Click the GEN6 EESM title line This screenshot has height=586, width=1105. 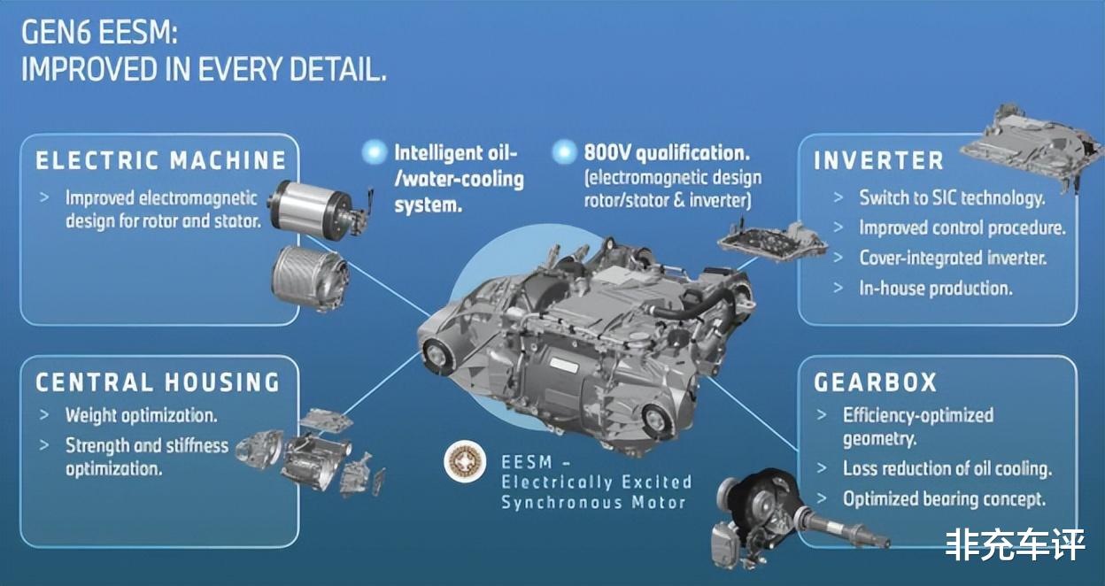tap(99, 33)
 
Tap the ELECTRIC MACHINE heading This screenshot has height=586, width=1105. tap(161, 160)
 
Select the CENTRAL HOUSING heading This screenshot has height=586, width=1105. tap(158, 382)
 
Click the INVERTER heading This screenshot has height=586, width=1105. tap(878, 160)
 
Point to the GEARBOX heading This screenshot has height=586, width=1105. tap(875, 382)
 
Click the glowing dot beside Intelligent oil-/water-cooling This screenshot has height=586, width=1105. tap(375, 151)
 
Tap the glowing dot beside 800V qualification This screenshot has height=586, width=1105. tap(564, 151)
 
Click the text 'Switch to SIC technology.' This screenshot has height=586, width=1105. tap(952, 197)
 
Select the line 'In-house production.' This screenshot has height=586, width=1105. tap(935, 288)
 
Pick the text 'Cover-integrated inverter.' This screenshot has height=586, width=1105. tap(953, 258)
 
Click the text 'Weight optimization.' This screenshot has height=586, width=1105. tap(141, 415)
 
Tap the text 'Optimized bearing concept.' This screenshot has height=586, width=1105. tap(944, 498)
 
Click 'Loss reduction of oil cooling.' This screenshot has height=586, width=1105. tap(947, 468)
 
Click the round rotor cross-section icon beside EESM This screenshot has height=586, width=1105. tap(465, 461)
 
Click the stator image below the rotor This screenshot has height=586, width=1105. tap(310, 279)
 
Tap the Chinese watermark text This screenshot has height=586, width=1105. tap(1016, 544)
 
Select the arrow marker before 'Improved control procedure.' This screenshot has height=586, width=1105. tap(838, 227)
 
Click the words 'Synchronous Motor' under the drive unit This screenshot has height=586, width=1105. tap(593, 503)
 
